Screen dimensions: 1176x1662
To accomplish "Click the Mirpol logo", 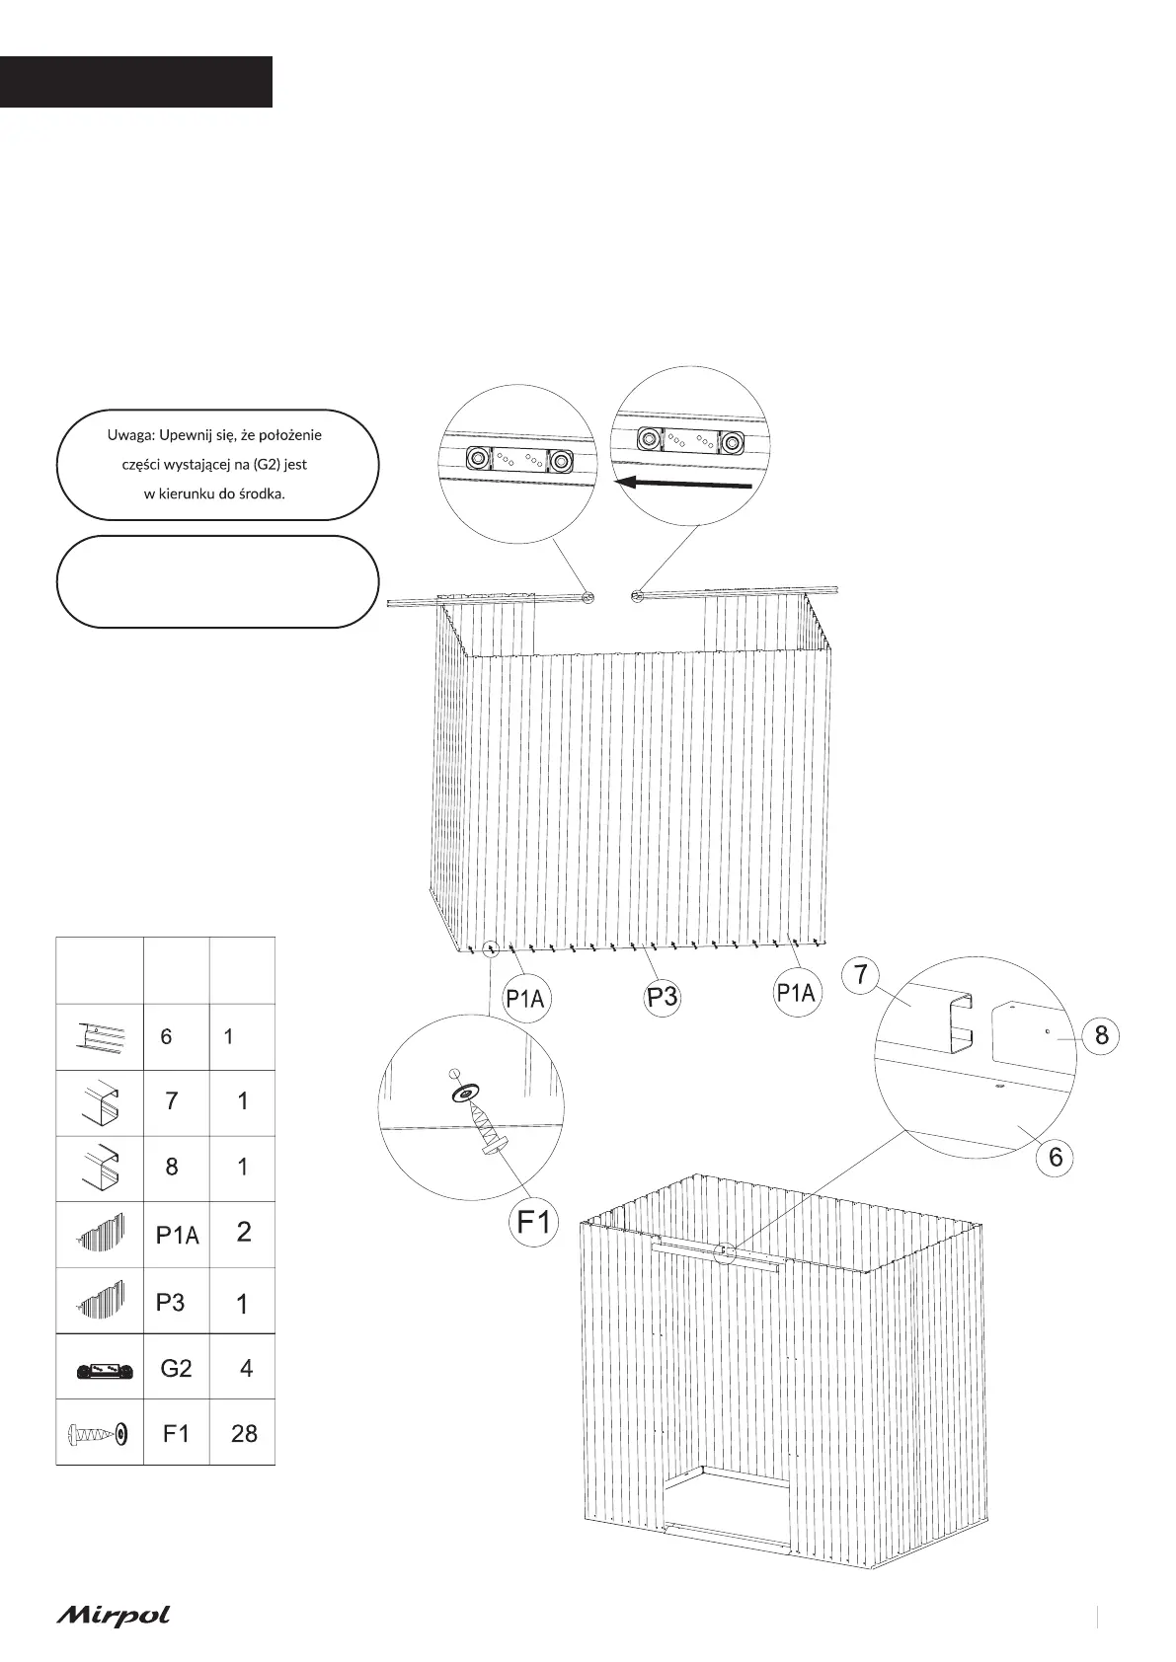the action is coord(113,1616).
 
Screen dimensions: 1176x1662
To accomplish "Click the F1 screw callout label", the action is coord(534,1222).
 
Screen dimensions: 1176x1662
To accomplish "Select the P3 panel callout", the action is coord(663,998).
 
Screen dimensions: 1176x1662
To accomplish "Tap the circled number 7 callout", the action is coord(861,975).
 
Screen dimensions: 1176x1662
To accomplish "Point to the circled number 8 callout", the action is coord(1102,1035).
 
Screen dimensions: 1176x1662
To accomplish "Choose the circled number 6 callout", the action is coord(1056,1157).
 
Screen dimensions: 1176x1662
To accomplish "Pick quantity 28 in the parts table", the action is coord(243,1433).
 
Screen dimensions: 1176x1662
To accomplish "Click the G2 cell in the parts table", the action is coord(176,1368).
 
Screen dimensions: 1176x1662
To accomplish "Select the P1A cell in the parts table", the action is coord(177,1234).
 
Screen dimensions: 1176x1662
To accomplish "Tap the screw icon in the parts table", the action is coord(99,1433).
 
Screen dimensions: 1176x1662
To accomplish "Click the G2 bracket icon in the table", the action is coord(99,1370).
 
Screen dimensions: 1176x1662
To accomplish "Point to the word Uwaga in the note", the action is coord(129,435).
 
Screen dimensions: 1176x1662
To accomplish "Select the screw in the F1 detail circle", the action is coord(486,1127).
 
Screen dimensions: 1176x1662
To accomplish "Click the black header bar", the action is coord(135,82).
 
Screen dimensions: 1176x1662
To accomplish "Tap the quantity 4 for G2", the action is coord(246,1368).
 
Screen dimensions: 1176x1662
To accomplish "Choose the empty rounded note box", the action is coord(218,582).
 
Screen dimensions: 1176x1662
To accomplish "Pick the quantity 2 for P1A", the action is coord(244,1232).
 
